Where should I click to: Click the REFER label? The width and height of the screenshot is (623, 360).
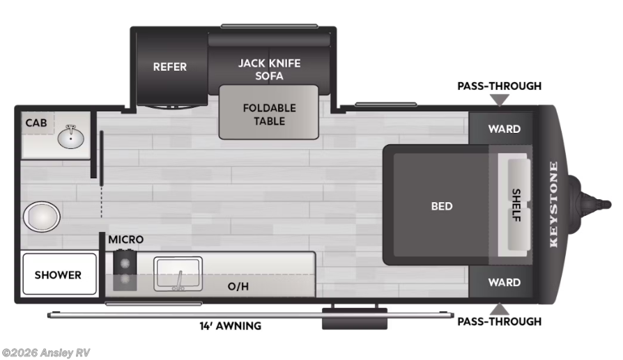[170, 67]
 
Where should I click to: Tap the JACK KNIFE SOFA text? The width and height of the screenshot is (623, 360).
[269, 69]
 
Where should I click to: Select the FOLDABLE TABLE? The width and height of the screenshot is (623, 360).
[269, 114]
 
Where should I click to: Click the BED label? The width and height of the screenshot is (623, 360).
[441, 205]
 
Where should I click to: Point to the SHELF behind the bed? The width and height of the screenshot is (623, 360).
[517, 205]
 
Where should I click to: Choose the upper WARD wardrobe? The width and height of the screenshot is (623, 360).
[504, 129]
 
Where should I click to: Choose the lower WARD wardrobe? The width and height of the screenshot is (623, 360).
[504, 282]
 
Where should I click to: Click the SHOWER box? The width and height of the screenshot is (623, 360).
[58, 275]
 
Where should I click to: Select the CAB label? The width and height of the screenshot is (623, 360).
[36, 123]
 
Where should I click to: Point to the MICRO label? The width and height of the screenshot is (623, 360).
[125, 240]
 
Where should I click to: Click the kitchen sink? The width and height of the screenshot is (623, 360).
[178, 274]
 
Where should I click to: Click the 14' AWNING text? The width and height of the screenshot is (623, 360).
[231, 326]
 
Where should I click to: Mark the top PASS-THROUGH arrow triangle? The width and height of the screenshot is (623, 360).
[499, 100]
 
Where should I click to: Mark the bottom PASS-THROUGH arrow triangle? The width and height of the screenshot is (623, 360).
[499, 308]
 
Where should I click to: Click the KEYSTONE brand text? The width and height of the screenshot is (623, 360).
[554, 205]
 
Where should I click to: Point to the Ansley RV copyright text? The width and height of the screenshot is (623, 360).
[46, 353]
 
